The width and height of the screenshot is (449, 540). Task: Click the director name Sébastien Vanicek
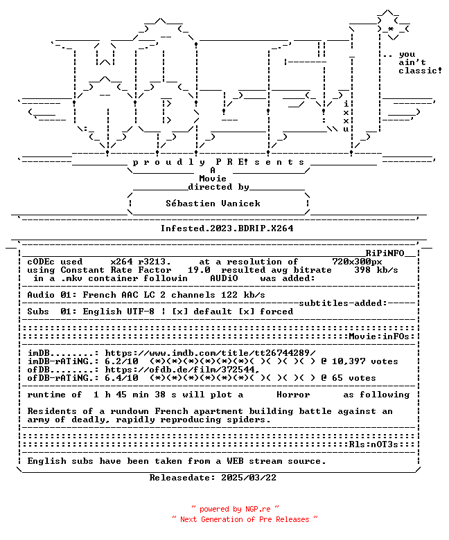click(x=213, y=203)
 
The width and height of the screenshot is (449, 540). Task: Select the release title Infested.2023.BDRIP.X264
click(x=227, y=228)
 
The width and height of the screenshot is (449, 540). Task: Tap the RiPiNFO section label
click(x=385, y=253)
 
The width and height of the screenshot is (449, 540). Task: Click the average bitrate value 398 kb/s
click(x=376, y=270)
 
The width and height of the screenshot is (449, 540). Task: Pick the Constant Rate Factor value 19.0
click(x=199, y=270)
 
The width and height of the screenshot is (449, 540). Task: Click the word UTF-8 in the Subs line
click(x=141, y=312)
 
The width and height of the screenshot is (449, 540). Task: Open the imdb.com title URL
click(x=210, y=353)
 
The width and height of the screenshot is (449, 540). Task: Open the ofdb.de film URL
click(x=182, y=370)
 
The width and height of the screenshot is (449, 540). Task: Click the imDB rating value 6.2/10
click(x=121, y=361)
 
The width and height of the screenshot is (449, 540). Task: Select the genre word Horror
click(x=293, y=395)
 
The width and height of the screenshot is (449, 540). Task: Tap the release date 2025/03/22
click(x=249, y=477)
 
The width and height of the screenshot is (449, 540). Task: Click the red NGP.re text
click(x=257, y=509)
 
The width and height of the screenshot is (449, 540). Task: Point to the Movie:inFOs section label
click(x=379, y=336)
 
